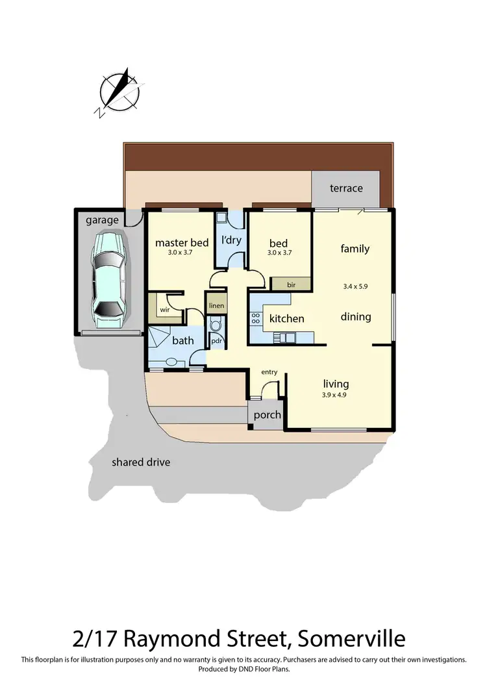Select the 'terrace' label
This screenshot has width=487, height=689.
click(346, 188)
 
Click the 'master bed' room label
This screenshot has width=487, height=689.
click(182, 243)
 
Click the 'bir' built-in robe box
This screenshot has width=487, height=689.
click(292, 284)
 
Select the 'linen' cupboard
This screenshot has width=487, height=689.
click(216, 305)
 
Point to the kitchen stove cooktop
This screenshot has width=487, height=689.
click(255, 318)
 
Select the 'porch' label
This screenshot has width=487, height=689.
click(267, 415)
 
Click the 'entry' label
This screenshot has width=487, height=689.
click(269, 372)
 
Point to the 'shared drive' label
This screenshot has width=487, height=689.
click(141, 462)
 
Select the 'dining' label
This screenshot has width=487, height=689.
click(356, 317)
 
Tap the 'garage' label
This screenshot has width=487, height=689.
click(103, 220)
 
